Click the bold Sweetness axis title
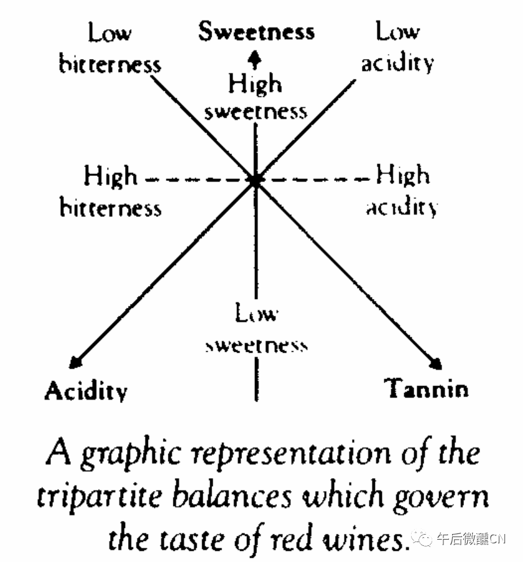[x=256, y=32]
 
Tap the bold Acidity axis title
[x=86, y=390]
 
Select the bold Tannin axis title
[x=426, y=389]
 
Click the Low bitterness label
[x=110, y=48]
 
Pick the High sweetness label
[x=256, y=97]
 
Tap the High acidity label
[x=402, y=191]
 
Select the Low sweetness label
[x=256, y=329]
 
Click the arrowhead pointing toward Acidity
[x=76, y=362]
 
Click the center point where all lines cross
[x=255, y=180]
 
